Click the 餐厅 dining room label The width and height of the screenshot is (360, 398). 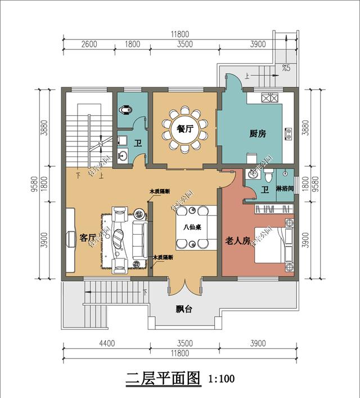point(185,128)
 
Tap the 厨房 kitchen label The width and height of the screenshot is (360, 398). point(258,134)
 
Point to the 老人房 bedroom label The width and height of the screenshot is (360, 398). point(237,241)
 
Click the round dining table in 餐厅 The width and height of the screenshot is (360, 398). point(185,129)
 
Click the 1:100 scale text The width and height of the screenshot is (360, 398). point(221,379)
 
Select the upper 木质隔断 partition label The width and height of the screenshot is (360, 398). point(160,192)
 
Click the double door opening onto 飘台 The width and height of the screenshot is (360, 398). point(183,285)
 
